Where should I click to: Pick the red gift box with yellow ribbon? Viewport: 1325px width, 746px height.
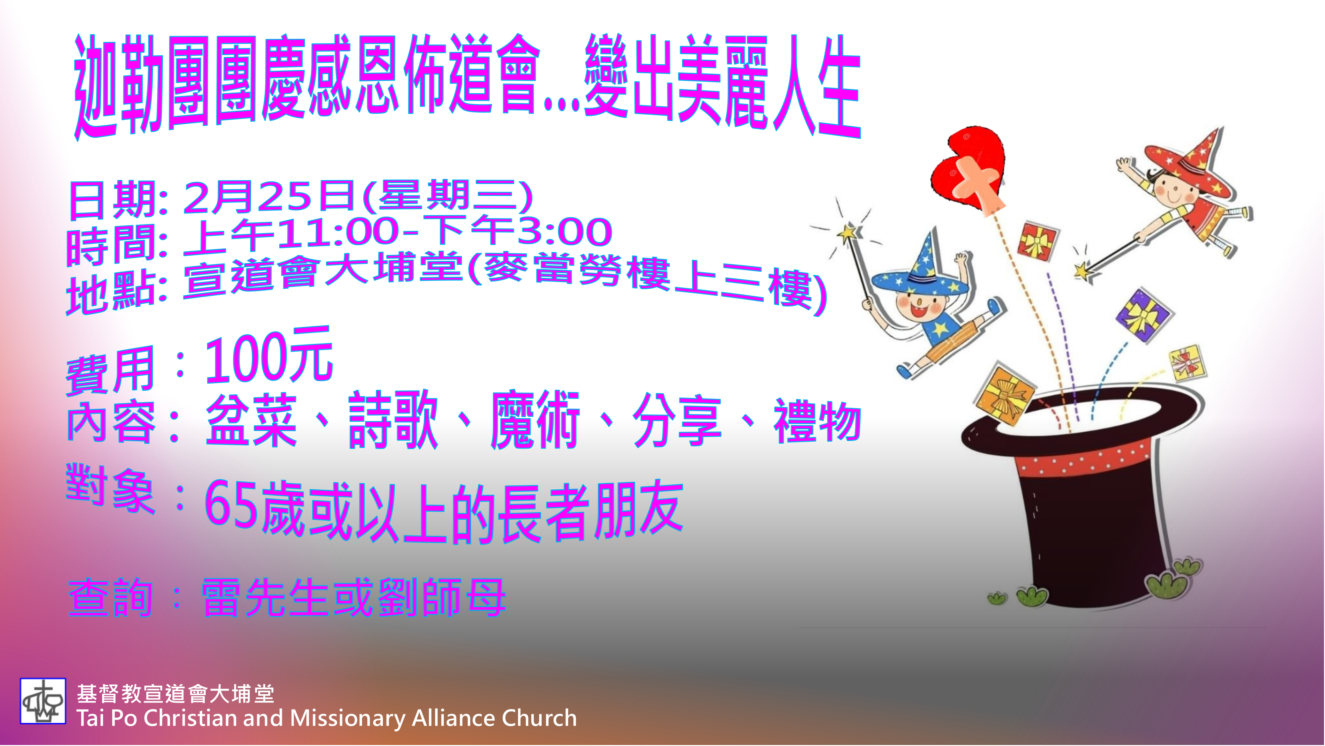pos(1037,240)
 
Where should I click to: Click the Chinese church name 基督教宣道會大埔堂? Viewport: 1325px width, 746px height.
pos(176,694)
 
